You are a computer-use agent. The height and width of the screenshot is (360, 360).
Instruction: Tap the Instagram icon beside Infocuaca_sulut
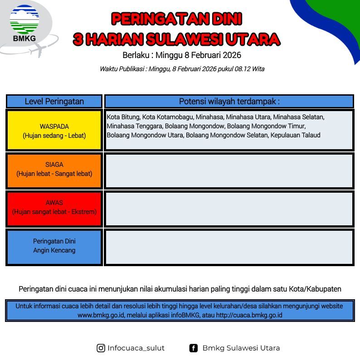click(x=101, y=348)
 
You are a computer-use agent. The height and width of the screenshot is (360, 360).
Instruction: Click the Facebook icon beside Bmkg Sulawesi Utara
click(x=193, y=348)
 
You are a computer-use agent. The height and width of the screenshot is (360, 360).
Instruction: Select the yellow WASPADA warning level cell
click(x=54, y=130)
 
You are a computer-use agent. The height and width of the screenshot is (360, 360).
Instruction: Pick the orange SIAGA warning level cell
click(x=54, y=170)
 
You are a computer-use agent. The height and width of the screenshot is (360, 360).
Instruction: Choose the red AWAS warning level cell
click(x=54, y=209)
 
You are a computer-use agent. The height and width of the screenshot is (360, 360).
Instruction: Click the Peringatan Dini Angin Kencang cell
click(x=54, y=247)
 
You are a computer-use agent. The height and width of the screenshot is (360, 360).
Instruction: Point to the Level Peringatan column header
click(x=54, y=101)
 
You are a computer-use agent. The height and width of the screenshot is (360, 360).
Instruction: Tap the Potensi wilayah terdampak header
click(x=229, y=101)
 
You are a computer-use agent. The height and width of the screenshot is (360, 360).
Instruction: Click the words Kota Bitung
click(x=123, y=117)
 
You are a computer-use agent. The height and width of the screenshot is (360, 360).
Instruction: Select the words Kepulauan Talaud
click(x=296, y=135)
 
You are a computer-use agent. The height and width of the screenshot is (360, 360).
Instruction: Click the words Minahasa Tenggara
click(x=135, y=126)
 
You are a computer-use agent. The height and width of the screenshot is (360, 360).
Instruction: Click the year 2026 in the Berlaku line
click(x=232, y=55)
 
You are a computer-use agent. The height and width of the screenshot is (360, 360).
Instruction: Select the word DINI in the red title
click(x=227, y=19)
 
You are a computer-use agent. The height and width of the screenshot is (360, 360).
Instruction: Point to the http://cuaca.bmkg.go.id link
click(x=249, y=315)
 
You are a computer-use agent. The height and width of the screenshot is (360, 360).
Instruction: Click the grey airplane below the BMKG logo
click(x=39, y=50)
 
